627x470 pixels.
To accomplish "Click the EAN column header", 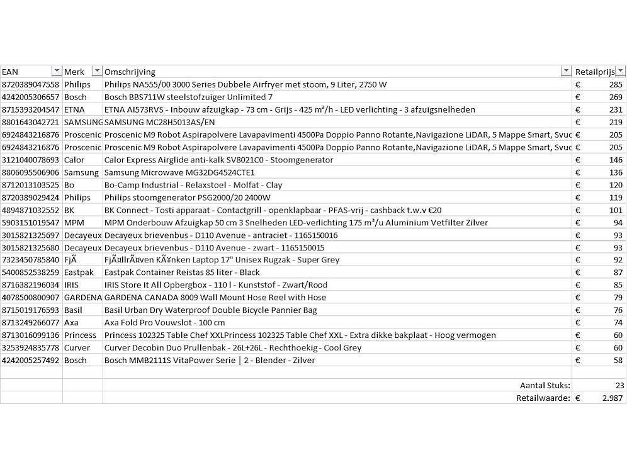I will (11, 72).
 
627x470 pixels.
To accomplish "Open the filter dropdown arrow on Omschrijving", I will (566, 71).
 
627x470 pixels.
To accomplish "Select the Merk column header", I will (74, 72).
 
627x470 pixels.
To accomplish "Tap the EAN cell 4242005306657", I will (31, 97).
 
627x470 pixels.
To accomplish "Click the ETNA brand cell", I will (74, 109).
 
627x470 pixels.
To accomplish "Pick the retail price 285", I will (615, 84).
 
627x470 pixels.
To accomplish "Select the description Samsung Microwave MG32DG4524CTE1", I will (179, 172).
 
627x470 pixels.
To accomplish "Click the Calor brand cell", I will (74, 160).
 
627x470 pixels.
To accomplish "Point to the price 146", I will (615, 160).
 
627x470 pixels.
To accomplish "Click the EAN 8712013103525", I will (31, 185).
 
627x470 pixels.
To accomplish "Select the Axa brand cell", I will (71, 323).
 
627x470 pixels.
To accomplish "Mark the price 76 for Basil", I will (617, 310).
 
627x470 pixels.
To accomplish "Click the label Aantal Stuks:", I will (545, 385).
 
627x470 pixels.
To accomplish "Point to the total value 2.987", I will (611, 398).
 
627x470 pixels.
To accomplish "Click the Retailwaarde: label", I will (543, 398).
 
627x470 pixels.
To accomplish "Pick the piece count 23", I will (619, 385).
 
